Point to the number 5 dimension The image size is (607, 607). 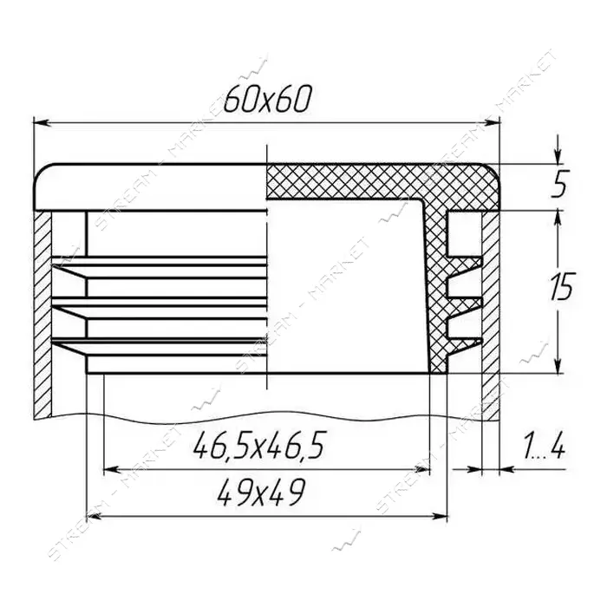coord(560,185)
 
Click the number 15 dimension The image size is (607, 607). coord(560,287)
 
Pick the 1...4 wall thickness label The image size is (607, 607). coord(543,445)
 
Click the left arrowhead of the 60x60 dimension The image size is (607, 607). coord(42,123)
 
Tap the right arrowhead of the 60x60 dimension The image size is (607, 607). coord(491,123)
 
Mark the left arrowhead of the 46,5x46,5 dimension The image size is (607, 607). coord(111,470)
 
